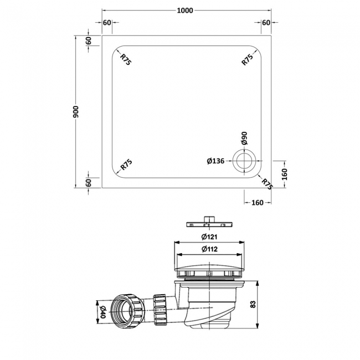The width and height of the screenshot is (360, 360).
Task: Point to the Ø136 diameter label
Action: click(215, 161)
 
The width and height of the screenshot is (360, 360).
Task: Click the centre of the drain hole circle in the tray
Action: click(243, 161)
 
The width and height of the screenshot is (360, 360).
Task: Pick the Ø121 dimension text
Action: click(209, 236)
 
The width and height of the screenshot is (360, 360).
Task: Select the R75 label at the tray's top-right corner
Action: click(248, 59)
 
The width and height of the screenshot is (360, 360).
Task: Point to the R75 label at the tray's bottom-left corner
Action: click(126, 166)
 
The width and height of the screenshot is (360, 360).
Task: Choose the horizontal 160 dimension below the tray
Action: click(257, 203)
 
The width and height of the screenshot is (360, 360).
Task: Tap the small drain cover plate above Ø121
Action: click(208, 222)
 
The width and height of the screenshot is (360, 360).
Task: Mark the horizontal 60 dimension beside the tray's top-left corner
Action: click(107, 23)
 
